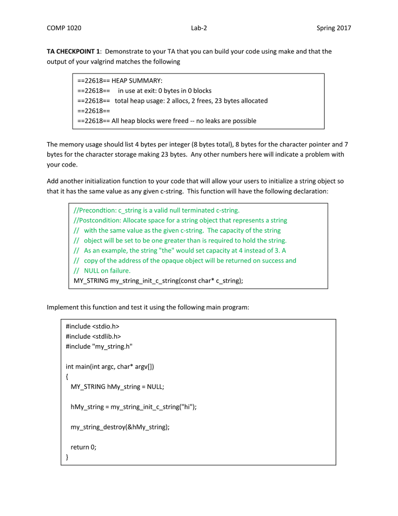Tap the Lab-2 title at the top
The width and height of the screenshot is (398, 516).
coord(199,28)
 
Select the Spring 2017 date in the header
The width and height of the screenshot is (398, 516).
coord(334,28)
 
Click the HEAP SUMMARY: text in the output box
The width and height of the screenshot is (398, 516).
coord(137,81)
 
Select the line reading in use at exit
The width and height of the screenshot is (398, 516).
coord(165,91)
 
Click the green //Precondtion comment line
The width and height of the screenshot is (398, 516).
coord(156,210)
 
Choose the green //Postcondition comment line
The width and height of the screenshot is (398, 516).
coord(180,220)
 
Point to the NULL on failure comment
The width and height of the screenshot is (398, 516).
coord(107,271)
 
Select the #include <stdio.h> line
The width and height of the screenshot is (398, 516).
coord(92,327)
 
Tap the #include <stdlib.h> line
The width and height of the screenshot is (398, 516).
coord(93,337)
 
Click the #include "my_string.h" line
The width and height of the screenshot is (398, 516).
coord(99,347)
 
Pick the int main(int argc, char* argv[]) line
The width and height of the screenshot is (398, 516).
coord(110,367)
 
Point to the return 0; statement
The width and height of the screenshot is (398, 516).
coord(83,447)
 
